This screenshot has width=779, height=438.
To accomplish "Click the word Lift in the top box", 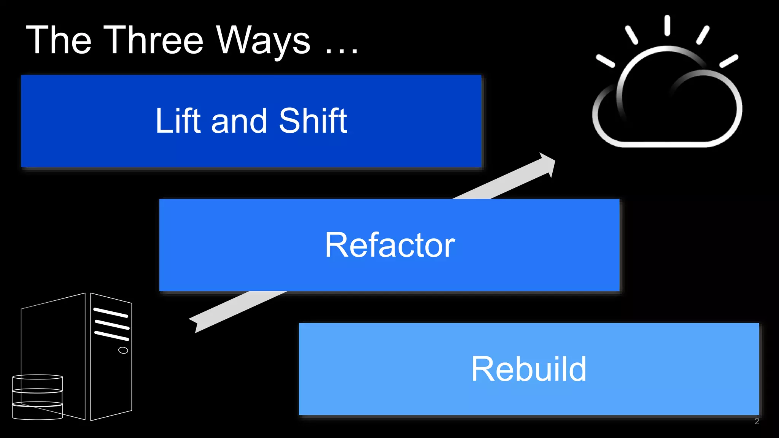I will (178, 121).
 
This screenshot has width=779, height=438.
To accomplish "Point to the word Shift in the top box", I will (313, 121).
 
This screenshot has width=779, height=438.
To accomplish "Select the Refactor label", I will (389, 245).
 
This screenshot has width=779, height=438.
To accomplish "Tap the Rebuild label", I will (529, 369).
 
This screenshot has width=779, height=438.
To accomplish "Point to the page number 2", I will (757, 421).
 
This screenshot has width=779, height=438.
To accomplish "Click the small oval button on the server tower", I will (123, 350).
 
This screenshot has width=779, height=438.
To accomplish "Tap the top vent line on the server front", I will (111, 313).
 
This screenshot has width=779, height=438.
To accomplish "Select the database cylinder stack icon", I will (37, 397).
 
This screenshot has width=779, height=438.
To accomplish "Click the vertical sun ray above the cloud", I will (667, 25).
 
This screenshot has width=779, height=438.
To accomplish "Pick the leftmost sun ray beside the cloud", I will (605, 61).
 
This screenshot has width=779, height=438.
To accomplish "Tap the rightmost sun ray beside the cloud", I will (729, 61).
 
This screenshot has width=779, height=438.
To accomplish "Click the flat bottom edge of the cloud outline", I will (666, 144).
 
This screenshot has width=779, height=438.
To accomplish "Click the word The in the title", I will (59, 40).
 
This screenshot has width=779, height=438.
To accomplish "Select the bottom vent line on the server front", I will (112, 335).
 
